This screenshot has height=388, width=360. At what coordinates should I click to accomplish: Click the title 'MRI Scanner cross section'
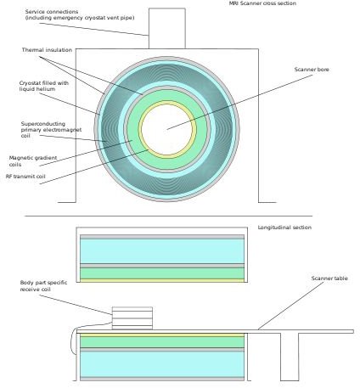(262, 3)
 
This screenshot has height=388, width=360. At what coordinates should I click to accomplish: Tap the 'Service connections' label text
(52, 12)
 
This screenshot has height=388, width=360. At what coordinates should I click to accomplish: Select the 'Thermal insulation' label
(47, 50)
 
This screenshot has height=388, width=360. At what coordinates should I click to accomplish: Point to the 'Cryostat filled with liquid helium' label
(44, 86)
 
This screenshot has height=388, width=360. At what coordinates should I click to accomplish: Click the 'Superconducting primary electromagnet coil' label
(51, 130)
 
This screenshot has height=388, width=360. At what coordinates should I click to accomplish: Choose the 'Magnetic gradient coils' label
(33, 161)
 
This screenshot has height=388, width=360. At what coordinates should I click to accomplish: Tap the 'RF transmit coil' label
(25, 177)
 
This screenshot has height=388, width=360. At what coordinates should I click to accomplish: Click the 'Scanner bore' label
(312, 70)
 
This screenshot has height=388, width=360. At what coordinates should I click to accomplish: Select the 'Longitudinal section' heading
(284, 228)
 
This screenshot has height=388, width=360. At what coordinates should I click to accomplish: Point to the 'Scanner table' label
(329, 278)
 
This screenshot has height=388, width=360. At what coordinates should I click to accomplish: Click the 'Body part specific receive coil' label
(43, 286)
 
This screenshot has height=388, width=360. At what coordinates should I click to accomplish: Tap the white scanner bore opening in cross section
(167, 129)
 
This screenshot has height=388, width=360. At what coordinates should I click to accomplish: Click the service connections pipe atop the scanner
(167, 28)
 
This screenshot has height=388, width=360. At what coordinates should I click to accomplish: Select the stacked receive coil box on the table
(132, 318)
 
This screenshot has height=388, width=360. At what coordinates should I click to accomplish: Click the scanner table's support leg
(290, 357)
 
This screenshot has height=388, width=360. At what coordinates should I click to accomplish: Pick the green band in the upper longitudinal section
(162, 273)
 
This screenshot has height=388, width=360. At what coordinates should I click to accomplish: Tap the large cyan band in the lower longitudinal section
(162, 364)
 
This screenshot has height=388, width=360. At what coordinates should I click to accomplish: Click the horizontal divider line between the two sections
(169, 216)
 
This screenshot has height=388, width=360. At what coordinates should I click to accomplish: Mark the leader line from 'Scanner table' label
(290, 306)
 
